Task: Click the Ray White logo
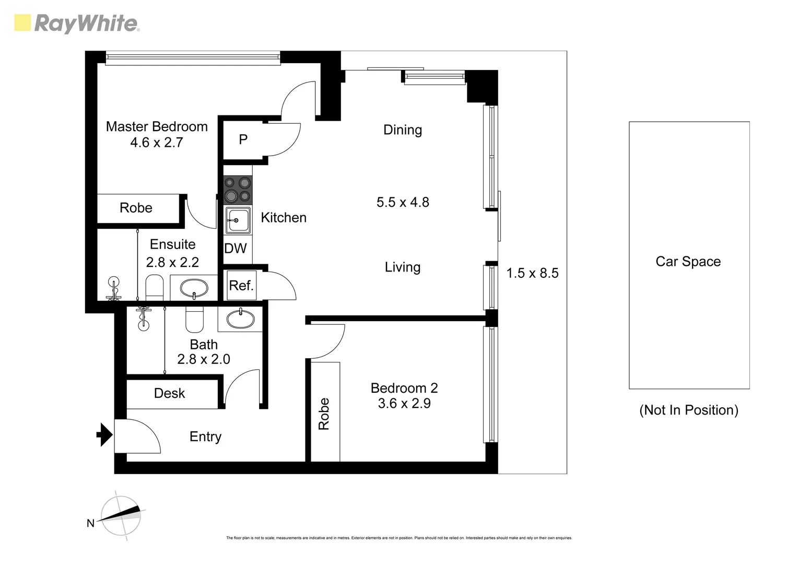tap(77, 23)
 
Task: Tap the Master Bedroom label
tap(157, 127)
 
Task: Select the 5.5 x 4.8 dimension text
tap(403, 202)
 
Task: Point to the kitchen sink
tap(238, 220)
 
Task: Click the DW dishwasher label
tap(236, 249)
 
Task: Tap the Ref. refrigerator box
tap(241, 285)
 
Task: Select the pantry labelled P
tap(243, 139)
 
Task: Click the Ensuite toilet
tap(154, 287)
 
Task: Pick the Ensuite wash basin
tap(194, 288)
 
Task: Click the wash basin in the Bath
tap(240, 319)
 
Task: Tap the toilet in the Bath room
tap(194, 319)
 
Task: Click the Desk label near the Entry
tap(169, 393)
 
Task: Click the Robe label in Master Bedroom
tap(136, 208)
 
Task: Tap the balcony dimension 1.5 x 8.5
tap(532, 273)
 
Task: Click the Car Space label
tap(688, 262)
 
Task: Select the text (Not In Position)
tap(688, 410)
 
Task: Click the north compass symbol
tap(121, 515)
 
